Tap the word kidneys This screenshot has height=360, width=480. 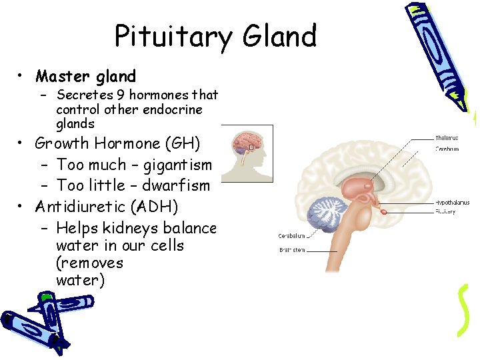(127, 228)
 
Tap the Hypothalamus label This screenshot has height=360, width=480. (452, 202)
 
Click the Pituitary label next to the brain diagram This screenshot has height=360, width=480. (445, 211)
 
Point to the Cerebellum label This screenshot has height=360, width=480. (292, 235)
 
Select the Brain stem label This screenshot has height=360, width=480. (293, 251)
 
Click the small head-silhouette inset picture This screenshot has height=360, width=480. (246, 153)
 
